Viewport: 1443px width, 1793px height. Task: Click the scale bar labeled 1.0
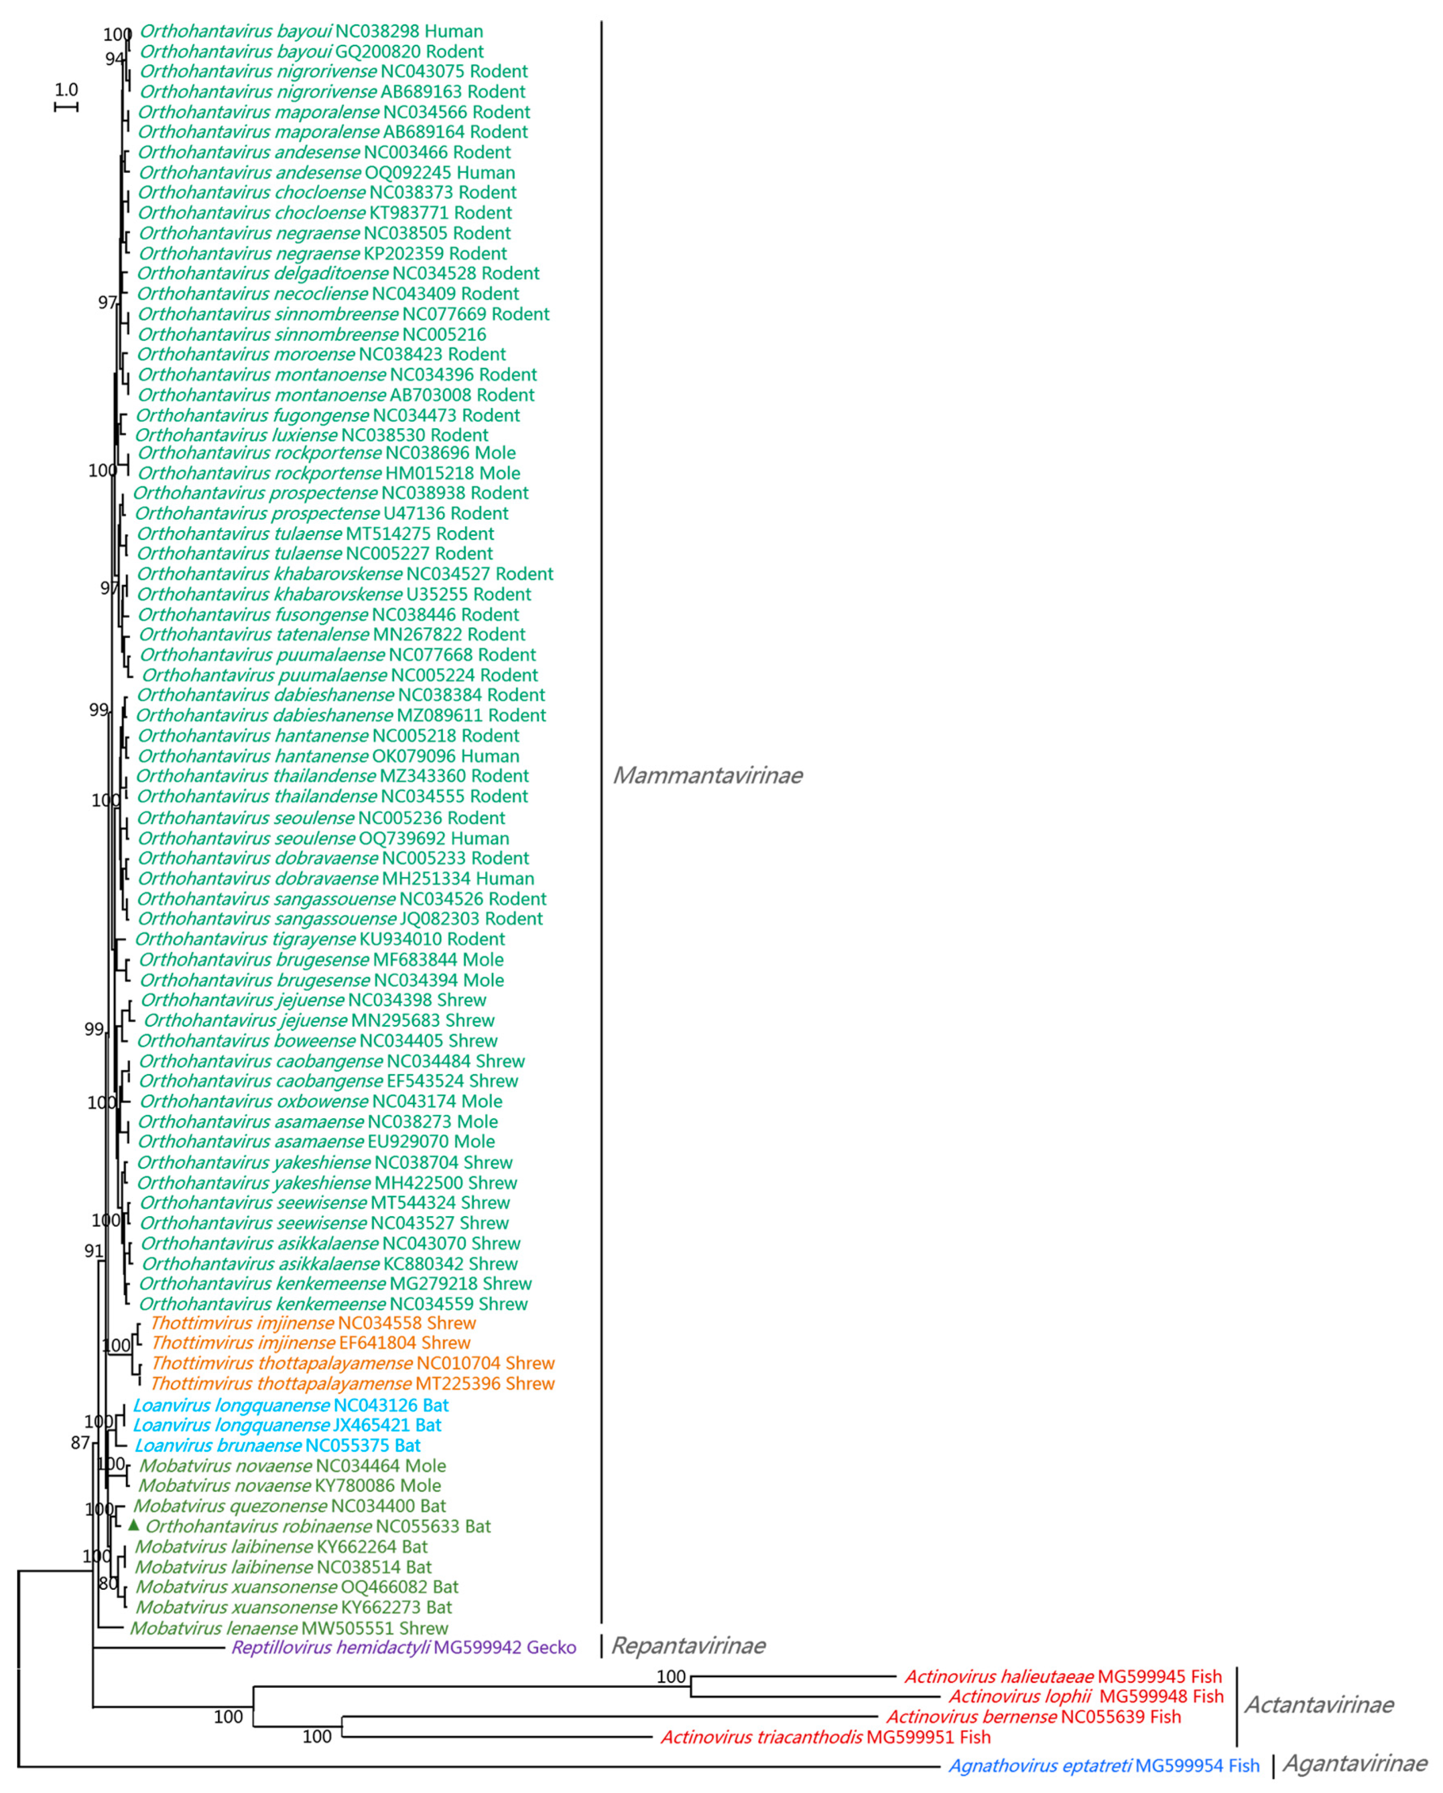(66, 107)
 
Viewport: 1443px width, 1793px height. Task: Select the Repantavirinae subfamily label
(688, 1646)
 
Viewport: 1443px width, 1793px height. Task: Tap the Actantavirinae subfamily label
(1318, 1705)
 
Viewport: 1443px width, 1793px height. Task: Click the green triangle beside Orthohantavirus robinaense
(133, 1524)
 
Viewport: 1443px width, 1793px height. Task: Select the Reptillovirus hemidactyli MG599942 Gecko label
(403, 1647)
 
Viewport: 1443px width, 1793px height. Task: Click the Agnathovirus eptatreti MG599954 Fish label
(1104, 1766)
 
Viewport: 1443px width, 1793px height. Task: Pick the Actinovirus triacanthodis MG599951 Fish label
(825, 1737)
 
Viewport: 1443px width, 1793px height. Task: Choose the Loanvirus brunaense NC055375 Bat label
(277, 1446)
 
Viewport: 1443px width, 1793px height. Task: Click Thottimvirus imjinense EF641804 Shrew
(310, 1343)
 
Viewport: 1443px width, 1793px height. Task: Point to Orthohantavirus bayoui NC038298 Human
(310, 31)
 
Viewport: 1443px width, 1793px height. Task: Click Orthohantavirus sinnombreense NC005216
(311, 334)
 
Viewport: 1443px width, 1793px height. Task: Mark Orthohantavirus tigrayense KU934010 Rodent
(319, 939)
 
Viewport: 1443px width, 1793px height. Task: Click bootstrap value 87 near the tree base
(80, 1443)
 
